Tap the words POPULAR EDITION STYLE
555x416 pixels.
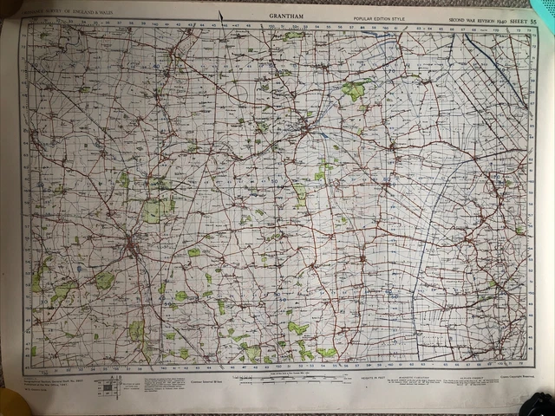pyautogui.click(x=375, y=17)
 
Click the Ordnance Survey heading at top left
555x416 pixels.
pyautogui.click(x=56, y=10)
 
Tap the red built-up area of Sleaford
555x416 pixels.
pyautogui.click(x=307, y=129)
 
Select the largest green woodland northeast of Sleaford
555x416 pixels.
pyautogui.click(x=353, y=89)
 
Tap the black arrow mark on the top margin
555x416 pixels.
pyautogui.click(x=223, y=15)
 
